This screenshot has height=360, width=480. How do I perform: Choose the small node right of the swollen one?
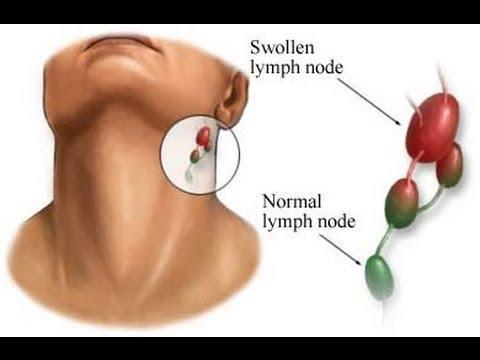click(x=450, y=165)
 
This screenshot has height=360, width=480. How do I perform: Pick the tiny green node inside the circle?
click(x=191, y=174)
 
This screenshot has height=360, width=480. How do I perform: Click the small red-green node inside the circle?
click(x=197, y=156)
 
